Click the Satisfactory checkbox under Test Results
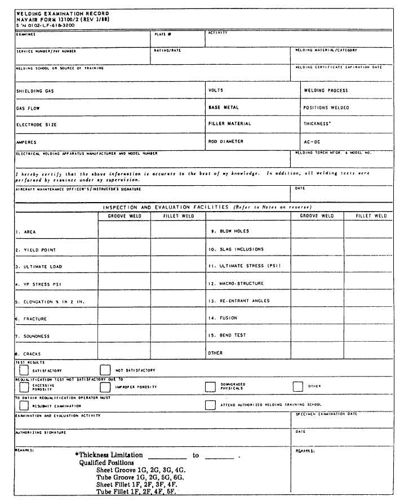[24, 370]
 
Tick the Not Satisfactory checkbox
[105, 370]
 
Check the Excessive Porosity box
[24, 387]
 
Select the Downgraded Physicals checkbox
[210, 387]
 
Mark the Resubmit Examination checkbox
[24, 405]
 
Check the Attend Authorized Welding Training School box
[210, 405]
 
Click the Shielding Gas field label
[35, 91]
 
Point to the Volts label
[216, 90]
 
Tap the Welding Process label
[326, 90]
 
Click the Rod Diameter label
[226, 142]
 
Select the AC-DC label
[312, 142]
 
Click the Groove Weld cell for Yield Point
[125, 249]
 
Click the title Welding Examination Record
[63, 14]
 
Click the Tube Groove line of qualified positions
[140, 477]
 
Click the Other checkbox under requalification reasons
[298, 387]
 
